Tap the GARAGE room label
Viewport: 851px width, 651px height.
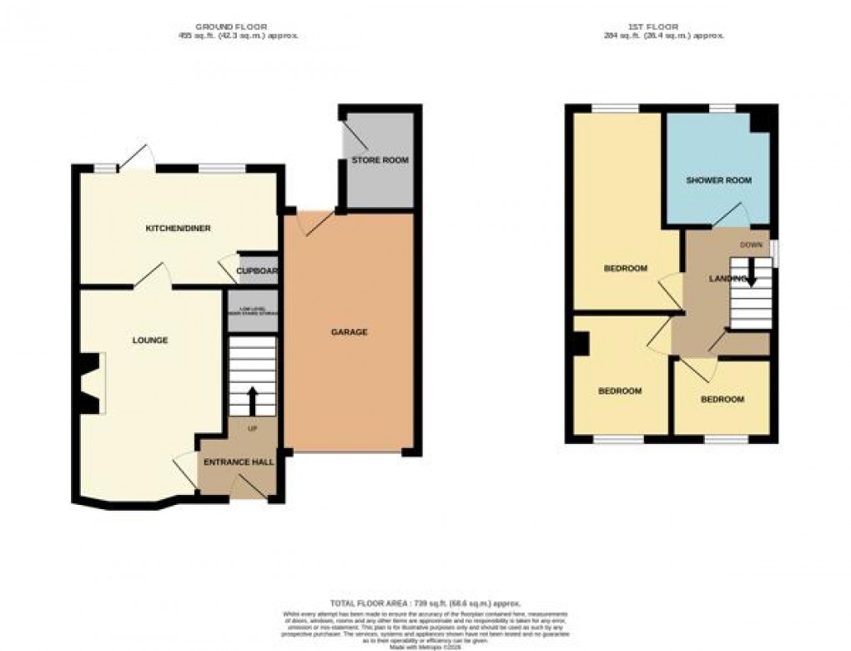click(350, 332)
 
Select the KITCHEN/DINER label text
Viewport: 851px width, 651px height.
click(175, 229)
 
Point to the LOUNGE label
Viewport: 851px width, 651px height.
click(150, 341)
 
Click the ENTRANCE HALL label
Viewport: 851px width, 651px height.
click(239, 462)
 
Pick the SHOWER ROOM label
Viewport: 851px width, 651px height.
click(718, 180)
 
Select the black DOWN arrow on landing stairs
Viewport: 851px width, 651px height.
click(749, 271)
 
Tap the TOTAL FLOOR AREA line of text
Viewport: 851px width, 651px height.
click(425, 603)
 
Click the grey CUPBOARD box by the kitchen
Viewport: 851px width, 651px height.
click(255, 270)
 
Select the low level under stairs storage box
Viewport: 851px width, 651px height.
click(252, 312)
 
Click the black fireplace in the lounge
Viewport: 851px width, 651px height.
click(88, 382)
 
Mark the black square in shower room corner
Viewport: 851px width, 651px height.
click(759, 122)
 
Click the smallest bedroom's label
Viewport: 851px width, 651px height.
click(722, 399)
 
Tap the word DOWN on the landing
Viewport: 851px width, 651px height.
click(749, 245)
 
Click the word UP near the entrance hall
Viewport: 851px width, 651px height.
click(253, 428)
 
